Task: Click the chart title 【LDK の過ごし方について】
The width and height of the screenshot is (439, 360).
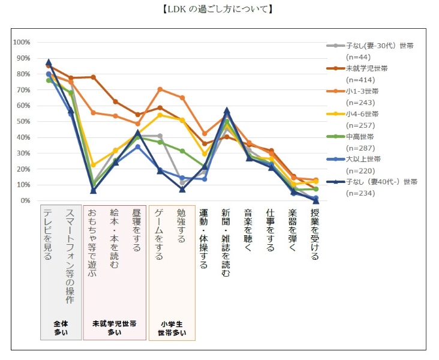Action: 219,9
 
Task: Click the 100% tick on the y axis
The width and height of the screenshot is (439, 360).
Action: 22,42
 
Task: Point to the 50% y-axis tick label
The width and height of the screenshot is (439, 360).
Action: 23,121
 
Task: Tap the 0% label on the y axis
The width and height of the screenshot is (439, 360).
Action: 25,200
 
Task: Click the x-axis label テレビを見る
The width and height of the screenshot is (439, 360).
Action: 48,234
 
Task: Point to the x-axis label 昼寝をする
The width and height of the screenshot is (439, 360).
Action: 137,231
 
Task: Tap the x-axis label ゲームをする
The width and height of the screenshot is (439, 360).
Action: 159,235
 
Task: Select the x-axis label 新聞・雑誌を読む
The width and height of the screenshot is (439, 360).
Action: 226,243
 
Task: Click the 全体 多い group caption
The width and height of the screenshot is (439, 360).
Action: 61,327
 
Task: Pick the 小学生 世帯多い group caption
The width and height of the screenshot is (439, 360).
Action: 172,328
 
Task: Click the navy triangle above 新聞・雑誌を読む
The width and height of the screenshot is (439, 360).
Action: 226,111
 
